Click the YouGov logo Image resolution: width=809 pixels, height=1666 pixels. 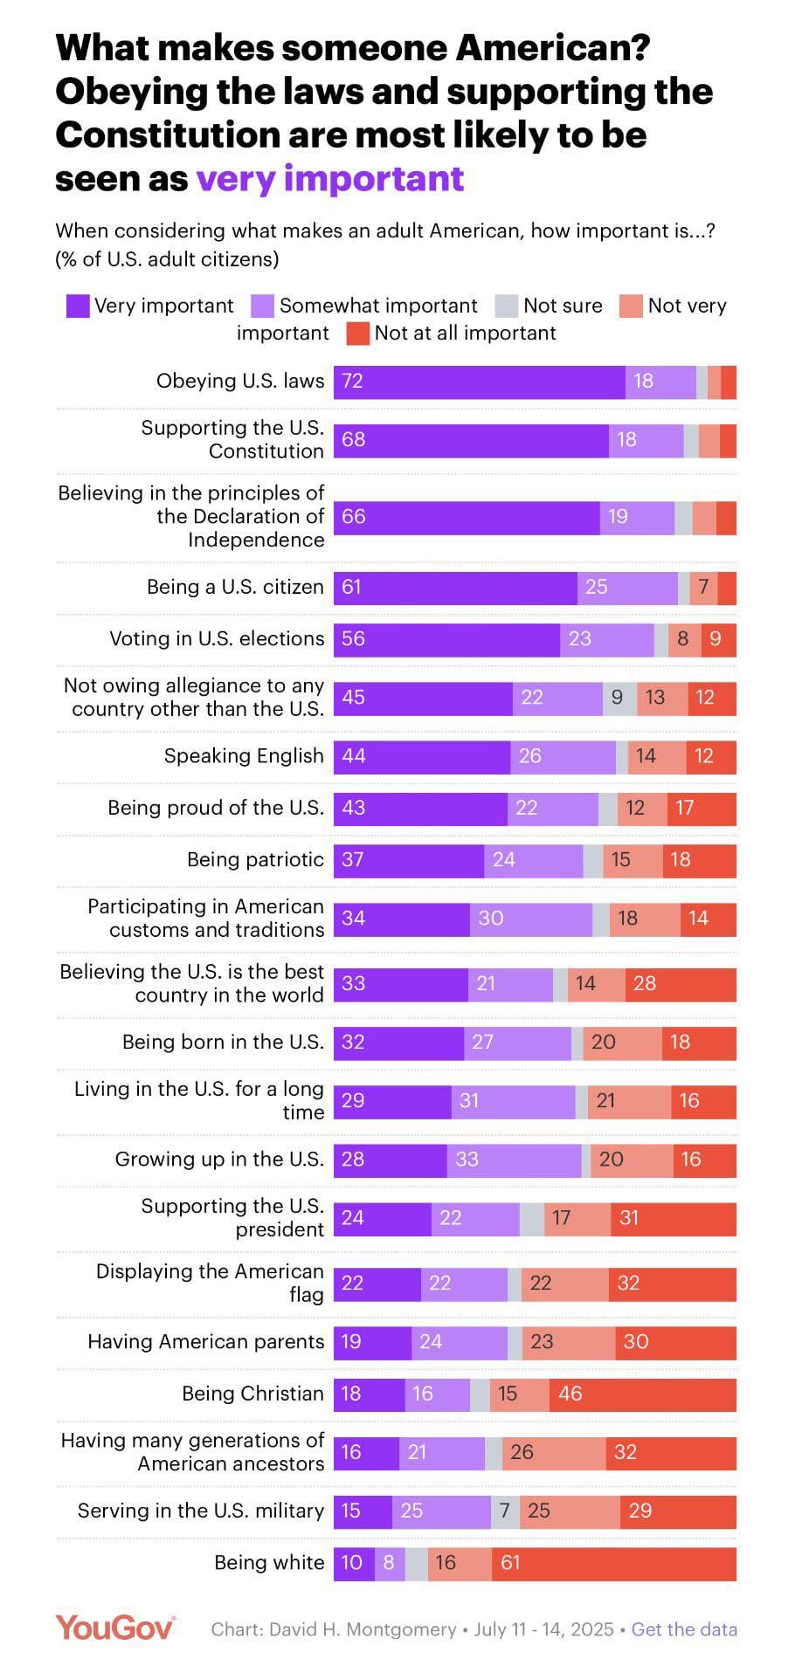[x=115, y=1628]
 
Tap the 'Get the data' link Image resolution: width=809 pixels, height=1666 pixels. [x=684, y=1629]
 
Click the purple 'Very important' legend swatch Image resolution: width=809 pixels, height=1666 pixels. [x=78, y=306]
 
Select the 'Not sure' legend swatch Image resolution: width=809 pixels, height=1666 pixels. [x=507, y=306]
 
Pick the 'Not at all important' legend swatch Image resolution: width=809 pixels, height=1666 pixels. [x=358, y=334]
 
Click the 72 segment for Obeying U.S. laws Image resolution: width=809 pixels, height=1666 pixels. [x=479, y=382]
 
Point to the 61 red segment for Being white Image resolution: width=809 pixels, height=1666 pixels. [x=613, y=1563]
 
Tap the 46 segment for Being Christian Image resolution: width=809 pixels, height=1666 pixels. [x=642, y=1394]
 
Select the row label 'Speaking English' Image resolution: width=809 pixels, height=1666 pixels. [x=244, y=756]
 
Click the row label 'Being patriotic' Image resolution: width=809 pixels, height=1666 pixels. [x=255, y=860]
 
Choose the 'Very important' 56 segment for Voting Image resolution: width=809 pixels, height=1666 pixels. [x=446, y=639]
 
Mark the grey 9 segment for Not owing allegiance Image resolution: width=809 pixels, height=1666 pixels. [x=619, y=698]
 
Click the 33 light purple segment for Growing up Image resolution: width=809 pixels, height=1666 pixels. [x=514, y=1160]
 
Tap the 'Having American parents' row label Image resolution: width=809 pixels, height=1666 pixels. [x=205, y=1342]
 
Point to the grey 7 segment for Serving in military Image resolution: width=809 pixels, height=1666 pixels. [x=505, y=1511]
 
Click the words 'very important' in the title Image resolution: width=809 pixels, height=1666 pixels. [x=329, y=178]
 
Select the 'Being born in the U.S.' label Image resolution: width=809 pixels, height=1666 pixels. [x=223, y=1043]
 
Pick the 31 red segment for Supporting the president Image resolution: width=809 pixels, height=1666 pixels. [x=673, y=1218]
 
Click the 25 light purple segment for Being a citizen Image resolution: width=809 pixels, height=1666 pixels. [x=627, y=588]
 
